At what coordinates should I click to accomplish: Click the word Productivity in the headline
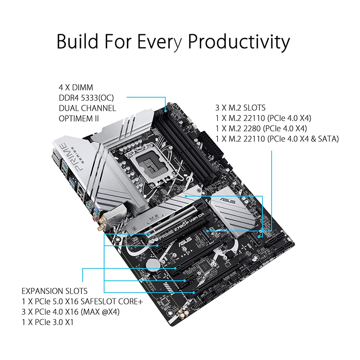[x=239, y=42]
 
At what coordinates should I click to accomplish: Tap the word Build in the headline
[x=77, y=41]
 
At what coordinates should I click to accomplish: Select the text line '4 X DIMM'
[x=76, y=87]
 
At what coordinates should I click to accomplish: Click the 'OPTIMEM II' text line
[x=79, y=118]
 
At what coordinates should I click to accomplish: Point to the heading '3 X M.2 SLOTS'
[x=240, y=108]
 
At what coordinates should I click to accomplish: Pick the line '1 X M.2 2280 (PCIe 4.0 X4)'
[x=261, y=128]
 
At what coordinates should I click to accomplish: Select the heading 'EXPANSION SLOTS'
[x=54, y=291]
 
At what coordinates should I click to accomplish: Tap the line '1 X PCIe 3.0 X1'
[x=48, y=322]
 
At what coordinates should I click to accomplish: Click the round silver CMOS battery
[x=153, y=264]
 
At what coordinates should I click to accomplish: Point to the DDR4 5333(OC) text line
[x=86, y=98]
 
